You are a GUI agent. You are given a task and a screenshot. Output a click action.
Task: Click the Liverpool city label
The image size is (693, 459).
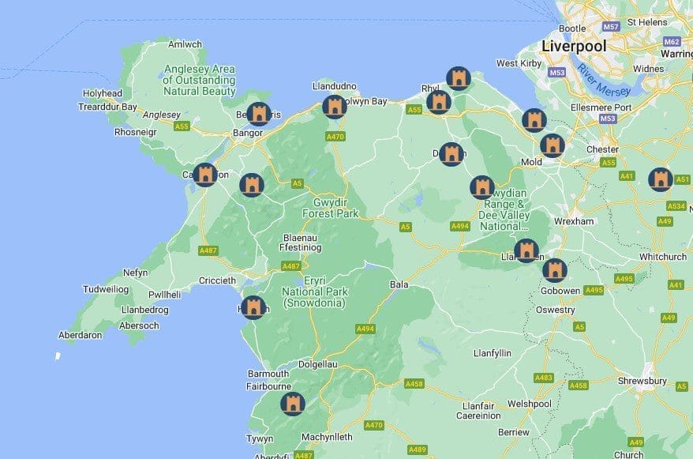(x=573, y=47)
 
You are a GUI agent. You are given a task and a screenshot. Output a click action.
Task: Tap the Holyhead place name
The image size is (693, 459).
(x=103, y=93)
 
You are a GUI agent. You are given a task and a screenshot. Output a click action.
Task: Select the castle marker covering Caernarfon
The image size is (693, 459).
(x=205, y=175)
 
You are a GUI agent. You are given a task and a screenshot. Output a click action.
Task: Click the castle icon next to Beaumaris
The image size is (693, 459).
(x=258, y=115)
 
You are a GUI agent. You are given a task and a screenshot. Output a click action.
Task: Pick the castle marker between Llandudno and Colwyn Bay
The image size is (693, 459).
(x=335, y=107)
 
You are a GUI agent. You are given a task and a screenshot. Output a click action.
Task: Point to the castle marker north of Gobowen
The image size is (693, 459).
(x=555, y=270)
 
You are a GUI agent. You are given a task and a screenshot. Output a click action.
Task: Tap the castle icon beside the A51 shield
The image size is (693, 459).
(x=661, y=179)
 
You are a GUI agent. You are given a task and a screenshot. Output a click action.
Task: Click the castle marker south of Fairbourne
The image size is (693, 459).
(x=293, y=404)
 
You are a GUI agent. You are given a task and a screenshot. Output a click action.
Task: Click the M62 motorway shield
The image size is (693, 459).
(x=672, y=42)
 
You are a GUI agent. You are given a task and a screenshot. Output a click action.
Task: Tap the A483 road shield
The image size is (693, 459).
(x=543, y=378)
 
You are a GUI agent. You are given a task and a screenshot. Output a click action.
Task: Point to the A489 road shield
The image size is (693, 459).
(x=418, y=450)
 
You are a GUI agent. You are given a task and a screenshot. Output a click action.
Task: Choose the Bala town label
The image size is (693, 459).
(x=399, y=284)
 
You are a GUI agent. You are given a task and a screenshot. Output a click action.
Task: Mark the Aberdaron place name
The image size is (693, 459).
(x=81, y=335)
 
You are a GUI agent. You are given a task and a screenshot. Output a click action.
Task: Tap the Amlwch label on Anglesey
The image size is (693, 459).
(x=185, y=44)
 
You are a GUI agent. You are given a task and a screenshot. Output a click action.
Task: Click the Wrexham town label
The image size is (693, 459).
(x=573, y=221)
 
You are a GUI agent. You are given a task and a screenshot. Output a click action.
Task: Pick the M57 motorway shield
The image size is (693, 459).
(x=611, y=26)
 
